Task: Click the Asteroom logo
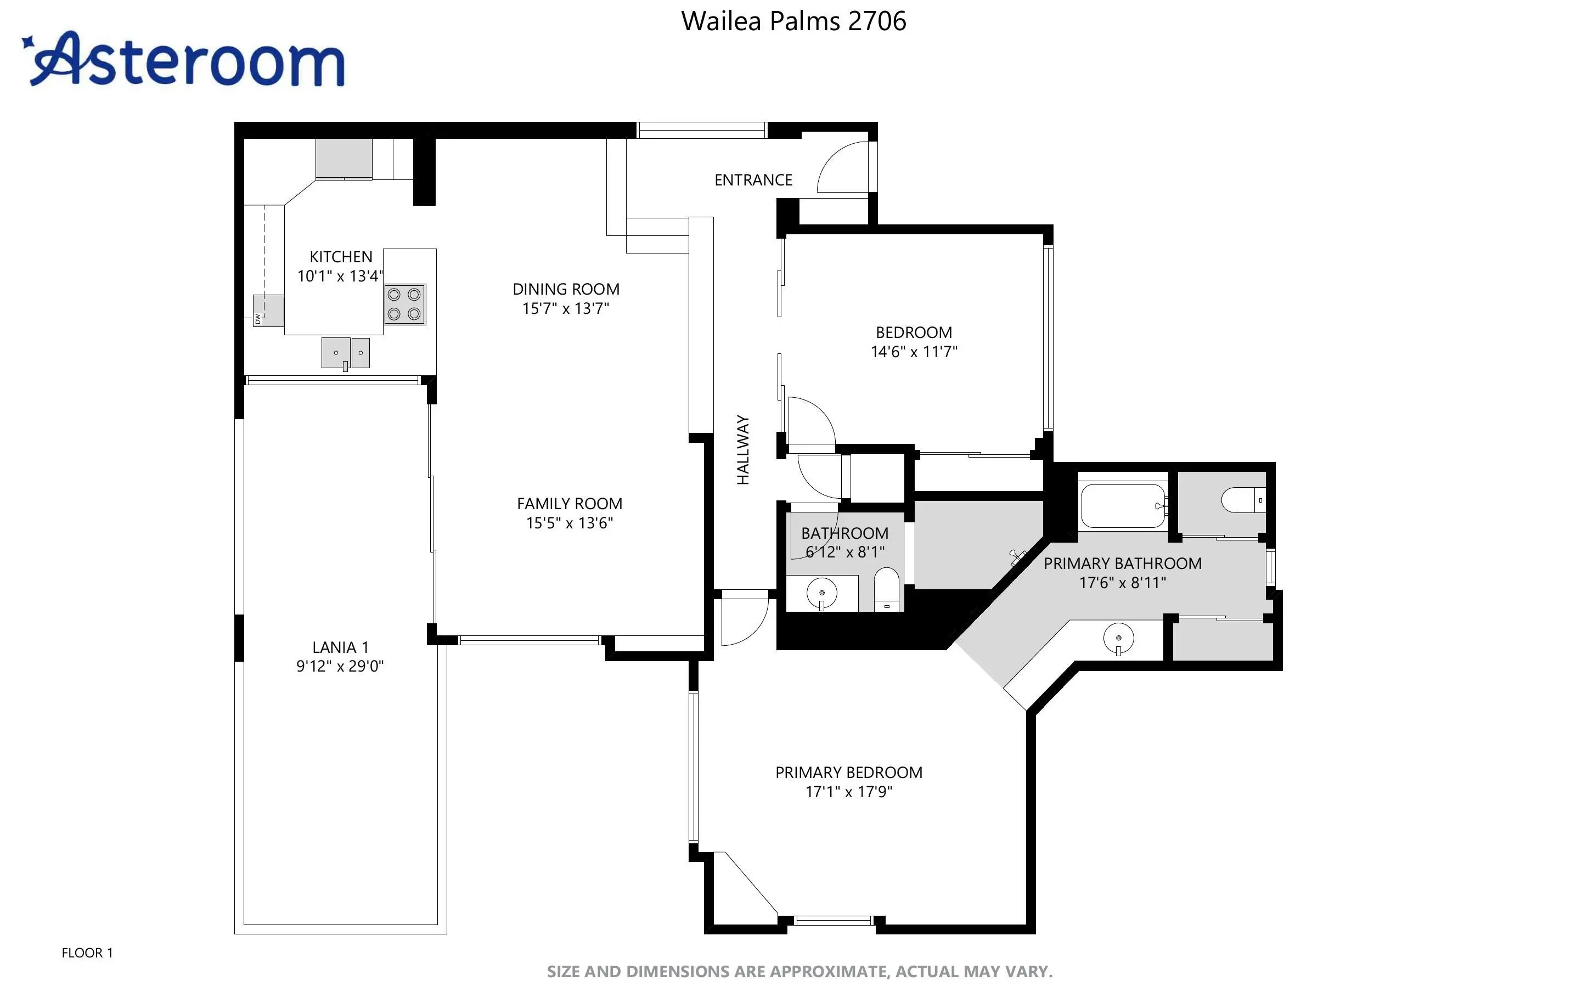coord(183,59)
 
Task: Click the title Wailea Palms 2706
coord(793,21)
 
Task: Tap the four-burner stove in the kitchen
coord(405,304)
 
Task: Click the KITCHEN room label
coord(341,257)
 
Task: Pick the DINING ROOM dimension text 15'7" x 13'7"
coord(565,308)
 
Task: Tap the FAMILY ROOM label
coord(570,504)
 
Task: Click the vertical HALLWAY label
coord(742,450)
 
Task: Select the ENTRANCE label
coord(753,180)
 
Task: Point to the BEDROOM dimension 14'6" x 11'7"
coord(914,352)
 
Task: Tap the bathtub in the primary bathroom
coord(1123,506)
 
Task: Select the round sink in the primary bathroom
coord(1118,638)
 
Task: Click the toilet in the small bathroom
coord(886,589)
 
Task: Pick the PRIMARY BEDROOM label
coord(849,773)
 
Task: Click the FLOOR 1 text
coord(87,952)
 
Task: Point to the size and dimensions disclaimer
coord(799,972)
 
